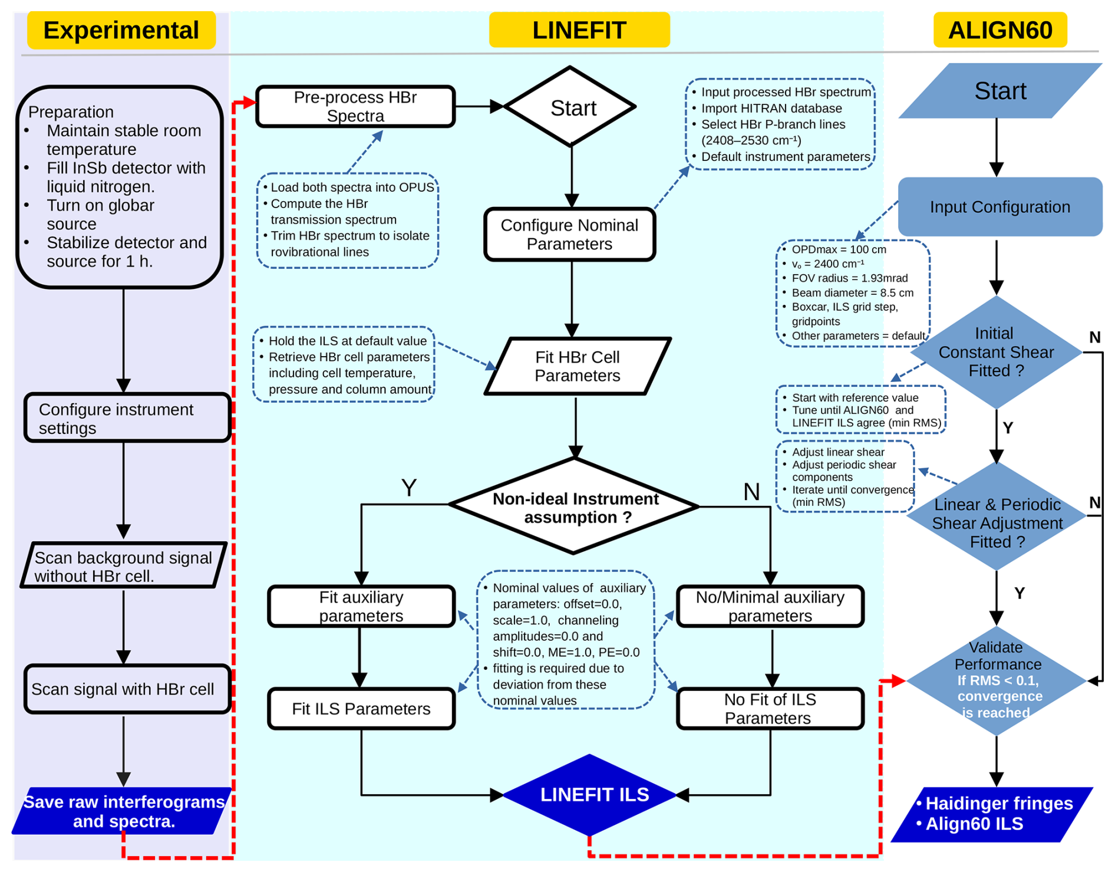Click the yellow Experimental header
(x=121, y=30)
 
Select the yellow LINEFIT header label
(x=579, y=30)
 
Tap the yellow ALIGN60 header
(x=999, y=30)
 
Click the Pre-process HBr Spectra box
(x=355, y=107)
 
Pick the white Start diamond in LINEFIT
(x=570, y=107)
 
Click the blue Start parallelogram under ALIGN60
(x=999, y=91)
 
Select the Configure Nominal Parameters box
(x=569, y=235)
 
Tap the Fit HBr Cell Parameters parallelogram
(x=577, y=366)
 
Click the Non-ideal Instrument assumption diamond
(x=575, y=507)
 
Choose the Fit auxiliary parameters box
(x=361, y=606)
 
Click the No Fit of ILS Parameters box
(x=770, y=709)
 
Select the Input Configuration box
(x=999, y=207)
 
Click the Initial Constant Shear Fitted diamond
(x=996, y=352)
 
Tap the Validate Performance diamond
(x=996, y=680)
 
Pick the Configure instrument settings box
(x=127, y=418)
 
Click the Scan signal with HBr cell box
(x=127, y=689)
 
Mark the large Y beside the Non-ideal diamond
(x=408, y=488)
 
